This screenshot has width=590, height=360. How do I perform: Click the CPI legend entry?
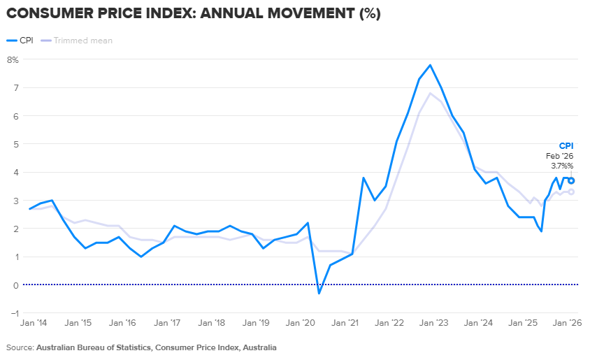click(x=20, y=41)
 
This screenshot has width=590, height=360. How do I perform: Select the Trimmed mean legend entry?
click(x=77, y=41)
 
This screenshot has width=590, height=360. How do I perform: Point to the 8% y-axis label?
click(x=13, y=59)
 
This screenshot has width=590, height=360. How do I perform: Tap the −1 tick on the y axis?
click(x=15, y=313)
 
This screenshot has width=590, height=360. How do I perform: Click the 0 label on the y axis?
click(x=16, y=285)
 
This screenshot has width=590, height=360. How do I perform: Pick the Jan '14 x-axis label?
click(x=34, y=323)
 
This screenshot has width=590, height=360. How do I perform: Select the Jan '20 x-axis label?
click(x=300, y=323)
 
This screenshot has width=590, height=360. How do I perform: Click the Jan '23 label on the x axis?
click(x=433, y=323)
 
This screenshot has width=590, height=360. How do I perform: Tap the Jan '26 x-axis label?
click(x=567, y=323)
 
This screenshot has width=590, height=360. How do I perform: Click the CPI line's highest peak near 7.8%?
click(x=430, y=65)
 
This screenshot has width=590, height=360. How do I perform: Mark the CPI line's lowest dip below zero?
click(x=319, y=294)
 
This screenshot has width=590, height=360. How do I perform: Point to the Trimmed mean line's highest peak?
click(x=430, y=93)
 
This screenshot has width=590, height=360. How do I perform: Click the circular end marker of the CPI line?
click(x=571, y=180)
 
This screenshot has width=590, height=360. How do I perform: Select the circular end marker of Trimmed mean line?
click(x=571, y=192)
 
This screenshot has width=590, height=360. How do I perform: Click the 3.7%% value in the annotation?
click(x=562, y=166)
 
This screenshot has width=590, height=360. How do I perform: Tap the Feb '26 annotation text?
click(x=559, y=156)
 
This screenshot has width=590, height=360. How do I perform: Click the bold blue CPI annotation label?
click(x=566, y=146)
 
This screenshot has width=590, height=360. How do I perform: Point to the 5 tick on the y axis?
click(x=16, y=144)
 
